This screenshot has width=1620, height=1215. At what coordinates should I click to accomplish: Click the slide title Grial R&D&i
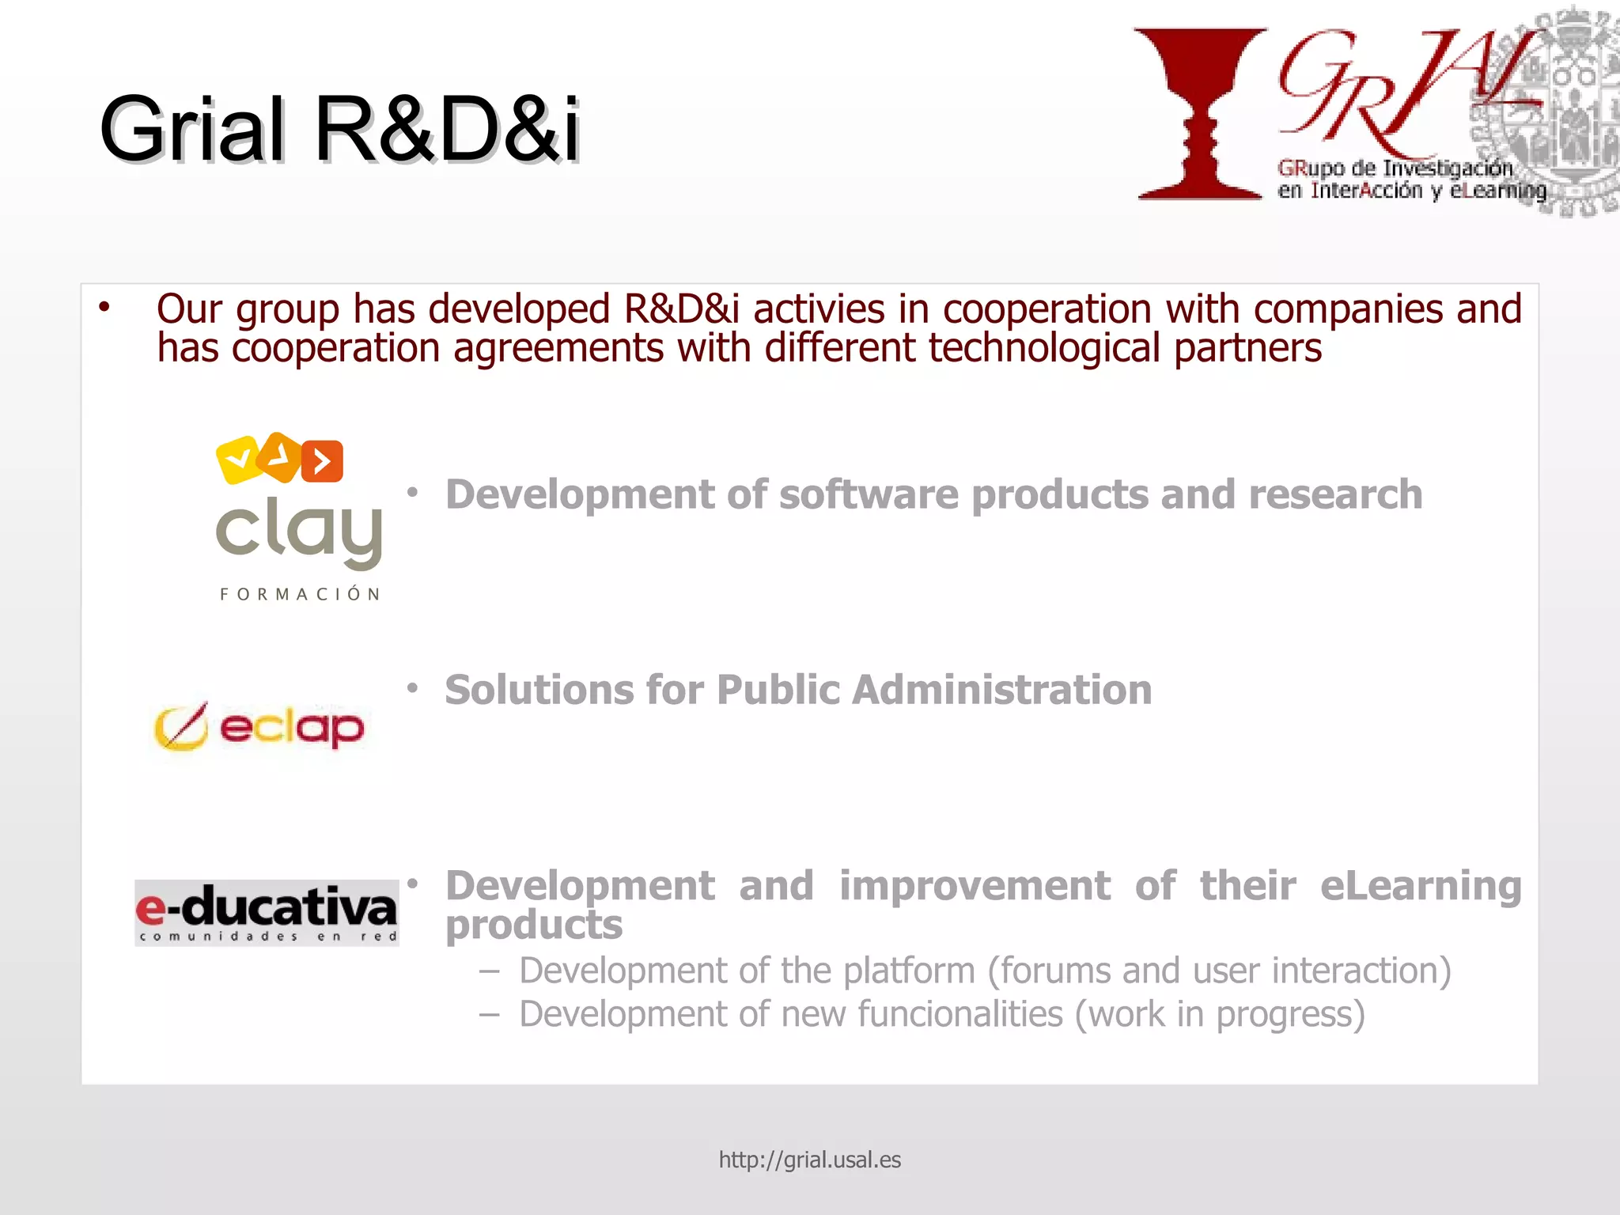pyautogui.click(x=340, y=128)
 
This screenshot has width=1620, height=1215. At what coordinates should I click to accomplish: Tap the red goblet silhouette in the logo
pyautogui.click(x=1199, y=111)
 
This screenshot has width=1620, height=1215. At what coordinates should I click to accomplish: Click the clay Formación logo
pyautogui.click(x=299, y=518)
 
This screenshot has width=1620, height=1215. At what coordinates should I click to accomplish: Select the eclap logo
pyautogui.click(x=259, y=727)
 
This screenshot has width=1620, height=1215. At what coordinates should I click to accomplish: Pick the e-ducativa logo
pyautogui.click(x=267, y=912)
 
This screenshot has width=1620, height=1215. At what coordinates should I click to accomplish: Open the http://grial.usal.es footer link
pyautogui.click(x=809, y=1160)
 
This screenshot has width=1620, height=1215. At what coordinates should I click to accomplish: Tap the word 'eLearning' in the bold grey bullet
pyautogui.click(x=1421, y=886)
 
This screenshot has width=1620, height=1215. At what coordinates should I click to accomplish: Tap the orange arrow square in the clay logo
pyautogui.click(x=323, y=460)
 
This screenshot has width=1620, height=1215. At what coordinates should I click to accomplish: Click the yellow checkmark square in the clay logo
pyautogui.click(x=237, y=459)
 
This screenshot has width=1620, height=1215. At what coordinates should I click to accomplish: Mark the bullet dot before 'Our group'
pyautogui.click(x=104, y=307)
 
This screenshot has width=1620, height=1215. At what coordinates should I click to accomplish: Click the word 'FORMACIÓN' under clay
pyautogui.click(x=300, y=594)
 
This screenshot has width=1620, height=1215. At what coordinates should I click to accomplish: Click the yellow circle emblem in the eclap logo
pyautogui.click(x=181, y=727)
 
